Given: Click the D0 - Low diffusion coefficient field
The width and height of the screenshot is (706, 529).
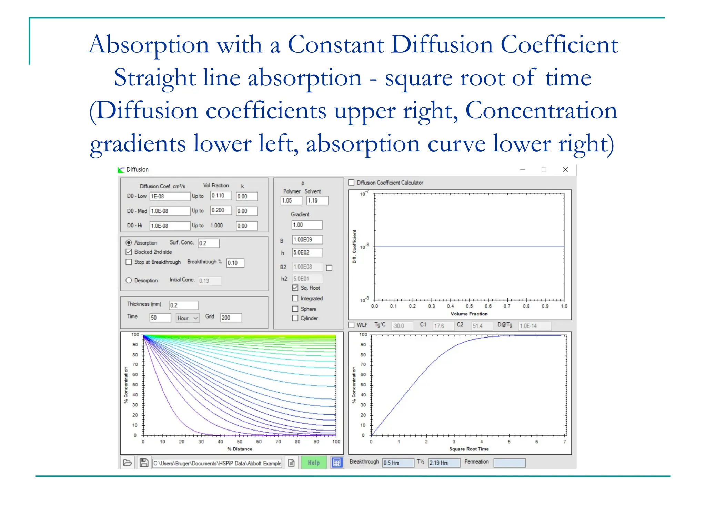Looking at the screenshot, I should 170,196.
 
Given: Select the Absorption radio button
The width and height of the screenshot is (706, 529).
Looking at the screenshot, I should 129,243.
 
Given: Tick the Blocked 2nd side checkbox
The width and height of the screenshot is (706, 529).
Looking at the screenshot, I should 129,252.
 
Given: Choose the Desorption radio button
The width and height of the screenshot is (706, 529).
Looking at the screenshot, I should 129,280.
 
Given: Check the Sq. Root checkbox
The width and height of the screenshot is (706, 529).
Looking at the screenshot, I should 295,288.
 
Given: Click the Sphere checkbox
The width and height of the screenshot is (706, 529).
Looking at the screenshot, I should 295,309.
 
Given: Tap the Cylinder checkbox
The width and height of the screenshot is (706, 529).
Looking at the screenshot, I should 295,318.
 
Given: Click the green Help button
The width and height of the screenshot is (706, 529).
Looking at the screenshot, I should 314,463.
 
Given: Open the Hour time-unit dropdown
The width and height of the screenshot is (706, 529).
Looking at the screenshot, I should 188,318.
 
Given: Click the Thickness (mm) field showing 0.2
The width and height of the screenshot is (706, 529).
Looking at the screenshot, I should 183,305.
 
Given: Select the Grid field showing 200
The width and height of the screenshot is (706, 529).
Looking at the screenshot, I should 231,318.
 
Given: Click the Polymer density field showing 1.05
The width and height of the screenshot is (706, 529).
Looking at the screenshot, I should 291,200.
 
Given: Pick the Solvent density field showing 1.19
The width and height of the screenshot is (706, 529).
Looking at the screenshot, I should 317,200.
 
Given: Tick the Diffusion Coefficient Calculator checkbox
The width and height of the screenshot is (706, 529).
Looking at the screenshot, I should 352,183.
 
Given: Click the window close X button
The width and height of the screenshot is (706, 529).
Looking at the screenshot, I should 565,169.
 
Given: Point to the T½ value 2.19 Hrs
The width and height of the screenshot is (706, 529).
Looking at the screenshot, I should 444,463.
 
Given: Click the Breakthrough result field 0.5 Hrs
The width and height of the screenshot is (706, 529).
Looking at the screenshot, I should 398,463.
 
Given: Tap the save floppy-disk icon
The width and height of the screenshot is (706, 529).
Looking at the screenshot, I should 144,463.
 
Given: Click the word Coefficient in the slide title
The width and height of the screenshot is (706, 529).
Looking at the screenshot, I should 559,45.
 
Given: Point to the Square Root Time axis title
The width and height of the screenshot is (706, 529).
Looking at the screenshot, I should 469,449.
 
